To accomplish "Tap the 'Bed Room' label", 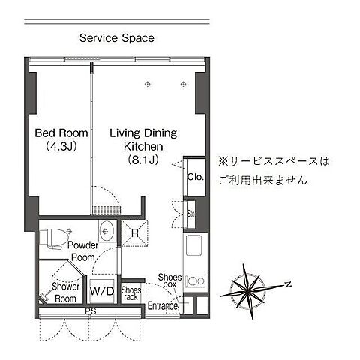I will tap(61, 133).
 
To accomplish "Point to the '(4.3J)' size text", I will tap(61, 147).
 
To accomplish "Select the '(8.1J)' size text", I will tap(143, 160).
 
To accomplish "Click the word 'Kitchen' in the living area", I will tap(143, 147).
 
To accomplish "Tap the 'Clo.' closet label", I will tap(195, 178).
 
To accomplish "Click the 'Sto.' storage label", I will tap(191, 213).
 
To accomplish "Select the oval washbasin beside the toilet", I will tap(106, 231).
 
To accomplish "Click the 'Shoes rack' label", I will tap(130, 293).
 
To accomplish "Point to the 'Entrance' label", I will tap(163, 305).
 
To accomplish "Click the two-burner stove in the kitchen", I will tap(195, 281).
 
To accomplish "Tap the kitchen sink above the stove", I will tap(193, 246).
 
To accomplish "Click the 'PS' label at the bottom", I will tap(90, 310).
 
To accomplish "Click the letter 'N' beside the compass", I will tap(286, 283).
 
